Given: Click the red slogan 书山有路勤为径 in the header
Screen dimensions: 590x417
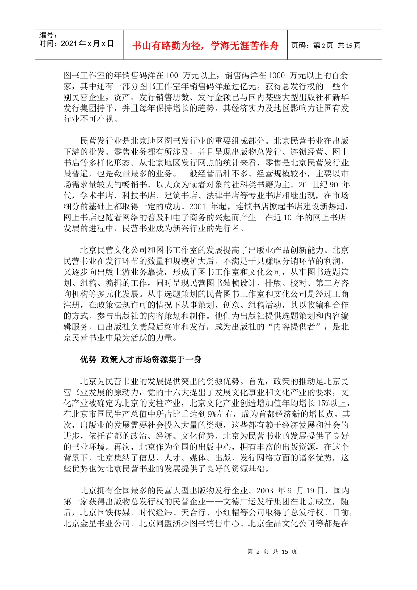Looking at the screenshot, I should (205, 46).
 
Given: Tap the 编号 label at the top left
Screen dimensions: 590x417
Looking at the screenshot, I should (48, 35).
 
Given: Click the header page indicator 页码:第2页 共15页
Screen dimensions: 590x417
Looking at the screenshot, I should (326, 46).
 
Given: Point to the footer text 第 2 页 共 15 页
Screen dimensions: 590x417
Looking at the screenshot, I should (272, 551).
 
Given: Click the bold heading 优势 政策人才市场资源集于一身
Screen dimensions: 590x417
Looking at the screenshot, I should (141, 360).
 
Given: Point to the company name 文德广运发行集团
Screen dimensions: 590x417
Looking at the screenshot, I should (258, 501).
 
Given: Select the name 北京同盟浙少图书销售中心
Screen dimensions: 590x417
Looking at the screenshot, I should (189, 523).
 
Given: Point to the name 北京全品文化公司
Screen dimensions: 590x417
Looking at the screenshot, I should (281, 523).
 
